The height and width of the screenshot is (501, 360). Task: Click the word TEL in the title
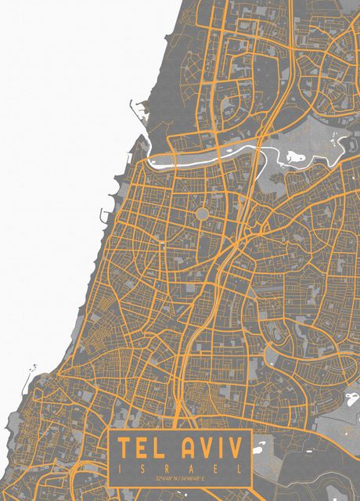[144, 449]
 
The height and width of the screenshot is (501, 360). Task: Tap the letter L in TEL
[163, 449]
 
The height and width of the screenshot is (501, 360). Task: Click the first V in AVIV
[206, 449]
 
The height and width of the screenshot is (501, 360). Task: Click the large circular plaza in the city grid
[202, 214]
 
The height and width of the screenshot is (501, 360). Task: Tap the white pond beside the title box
[260, 447]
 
